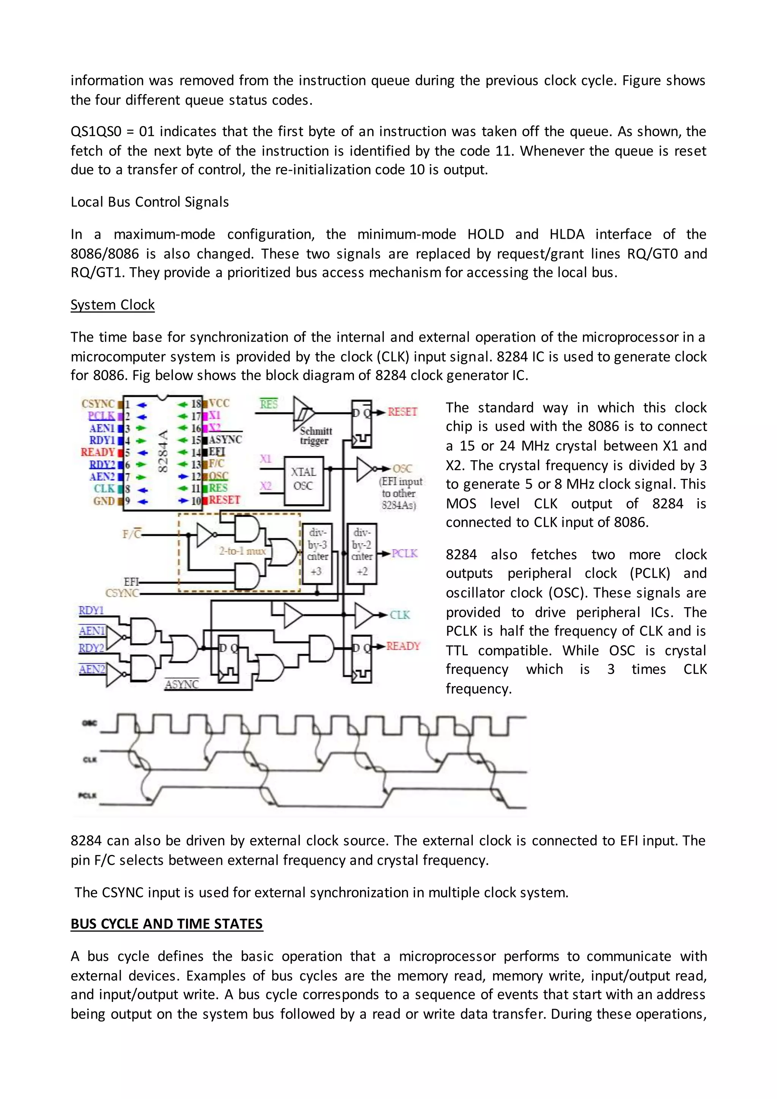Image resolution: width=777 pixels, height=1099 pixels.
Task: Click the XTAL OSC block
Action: tap(304, 480)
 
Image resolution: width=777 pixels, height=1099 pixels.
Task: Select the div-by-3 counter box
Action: tap(317, 553)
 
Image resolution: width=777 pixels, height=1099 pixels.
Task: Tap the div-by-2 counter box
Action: tap(362, 553)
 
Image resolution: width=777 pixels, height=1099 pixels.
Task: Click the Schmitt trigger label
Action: tap(315, 436)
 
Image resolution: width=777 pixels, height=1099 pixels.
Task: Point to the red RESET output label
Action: tap(403, 412)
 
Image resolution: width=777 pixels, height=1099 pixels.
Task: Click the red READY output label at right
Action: tap(403, 646)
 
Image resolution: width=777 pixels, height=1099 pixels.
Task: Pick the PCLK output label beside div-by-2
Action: tap(404, 553)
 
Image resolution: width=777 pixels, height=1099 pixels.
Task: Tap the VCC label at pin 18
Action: tap(219, 403)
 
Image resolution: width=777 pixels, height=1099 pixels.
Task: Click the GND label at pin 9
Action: tap(104, 501)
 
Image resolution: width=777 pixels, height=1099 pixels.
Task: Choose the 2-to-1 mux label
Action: tap(242, 551)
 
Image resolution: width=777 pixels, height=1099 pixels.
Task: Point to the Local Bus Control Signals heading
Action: tap(150, 202)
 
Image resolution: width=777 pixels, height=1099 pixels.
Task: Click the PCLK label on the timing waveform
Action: tap(88, 795)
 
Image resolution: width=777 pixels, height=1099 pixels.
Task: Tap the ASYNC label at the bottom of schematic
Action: tap(181, 684)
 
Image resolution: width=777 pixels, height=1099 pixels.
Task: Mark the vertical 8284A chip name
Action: tap(162, 451)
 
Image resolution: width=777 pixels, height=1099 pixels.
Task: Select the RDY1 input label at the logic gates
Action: tap(91, 611)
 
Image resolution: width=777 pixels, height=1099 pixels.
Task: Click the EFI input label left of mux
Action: tap(131, 582)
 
